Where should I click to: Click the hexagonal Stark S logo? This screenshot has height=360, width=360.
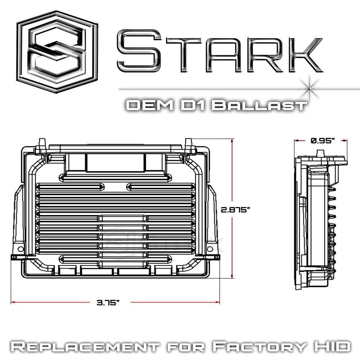[57, 52]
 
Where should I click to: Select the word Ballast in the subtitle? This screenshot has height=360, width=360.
[259, 105]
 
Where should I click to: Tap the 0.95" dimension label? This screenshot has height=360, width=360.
[321, 141]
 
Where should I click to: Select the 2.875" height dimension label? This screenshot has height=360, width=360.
[236, 210]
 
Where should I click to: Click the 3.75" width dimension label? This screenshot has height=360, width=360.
[108, 303]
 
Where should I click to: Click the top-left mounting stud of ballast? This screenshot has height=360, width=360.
[42, 143]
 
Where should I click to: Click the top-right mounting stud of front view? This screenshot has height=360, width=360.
[188, 143]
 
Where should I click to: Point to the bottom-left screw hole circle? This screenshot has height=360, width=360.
[21, 249]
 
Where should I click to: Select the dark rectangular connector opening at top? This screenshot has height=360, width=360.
[115, 162]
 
